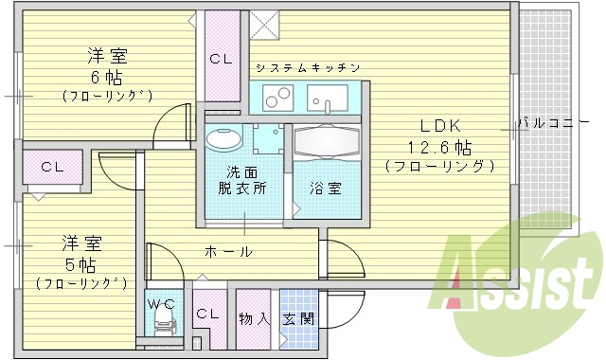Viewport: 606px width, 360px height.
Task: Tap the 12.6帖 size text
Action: (x=439, y=147)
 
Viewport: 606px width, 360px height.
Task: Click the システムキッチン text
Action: (x=307, y=68)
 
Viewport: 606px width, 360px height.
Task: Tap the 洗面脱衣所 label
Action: (x=245, y=180)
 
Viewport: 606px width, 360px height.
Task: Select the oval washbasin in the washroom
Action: (x=223, y=138)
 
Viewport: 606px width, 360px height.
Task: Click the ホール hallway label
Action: (x=229, y=251)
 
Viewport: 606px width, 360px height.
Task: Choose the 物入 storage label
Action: (x=253, y=319)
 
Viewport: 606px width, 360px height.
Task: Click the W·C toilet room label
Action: (x=160, y=305)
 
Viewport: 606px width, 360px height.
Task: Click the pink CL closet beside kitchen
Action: (x=222, y=58)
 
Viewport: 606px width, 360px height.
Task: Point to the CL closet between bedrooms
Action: (x=52, y=167)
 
